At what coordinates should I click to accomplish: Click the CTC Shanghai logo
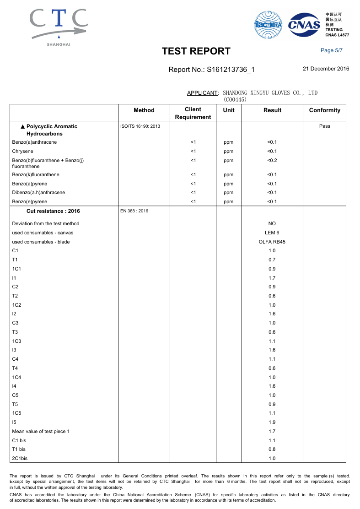[x=59, y=27]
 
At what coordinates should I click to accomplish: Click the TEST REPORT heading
[x=196, y=51]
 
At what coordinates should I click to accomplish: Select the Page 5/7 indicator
[x=332, y=50]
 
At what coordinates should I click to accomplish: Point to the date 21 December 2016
[x=326, y=69]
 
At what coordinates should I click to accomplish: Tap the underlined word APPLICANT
[x=202, y=93]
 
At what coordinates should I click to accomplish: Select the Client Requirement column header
[x=193, y=113]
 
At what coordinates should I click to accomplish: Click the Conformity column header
[x=324, y=110]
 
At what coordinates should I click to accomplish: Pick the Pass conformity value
[x=324, y=126]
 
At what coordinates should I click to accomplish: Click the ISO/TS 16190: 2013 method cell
[x=140, y=126]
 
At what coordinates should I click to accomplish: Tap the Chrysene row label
[x=23, y=151]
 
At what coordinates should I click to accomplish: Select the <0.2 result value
[x=272, y=160]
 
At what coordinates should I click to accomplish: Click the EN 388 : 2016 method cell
[x=134, y=211]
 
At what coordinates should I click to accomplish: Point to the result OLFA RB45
[x=272, y=242]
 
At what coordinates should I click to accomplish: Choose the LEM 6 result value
[x=272, y=233]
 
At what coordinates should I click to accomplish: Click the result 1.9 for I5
[x=272, y=422]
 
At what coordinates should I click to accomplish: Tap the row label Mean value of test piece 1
[x=41, y=431]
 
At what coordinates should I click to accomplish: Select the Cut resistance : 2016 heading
[x=53, y=211]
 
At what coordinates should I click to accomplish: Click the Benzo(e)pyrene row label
[x=30, y=201]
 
